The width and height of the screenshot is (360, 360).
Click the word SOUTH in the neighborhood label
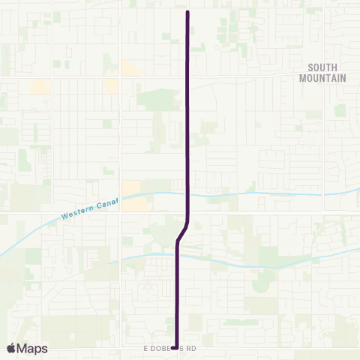tap(322, 67)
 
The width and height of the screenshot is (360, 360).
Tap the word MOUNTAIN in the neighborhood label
tap(322, 77)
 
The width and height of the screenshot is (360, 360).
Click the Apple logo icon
tap(11, 348)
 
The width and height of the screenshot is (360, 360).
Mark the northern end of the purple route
tap(187, 13)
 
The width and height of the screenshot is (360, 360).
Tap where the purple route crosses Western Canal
tap(187, 194)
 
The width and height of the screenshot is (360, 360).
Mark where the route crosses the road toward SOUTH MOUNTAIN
tap(187, 76)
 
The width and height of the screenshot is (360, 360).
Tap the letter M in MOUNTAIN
tap(302, 77)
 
